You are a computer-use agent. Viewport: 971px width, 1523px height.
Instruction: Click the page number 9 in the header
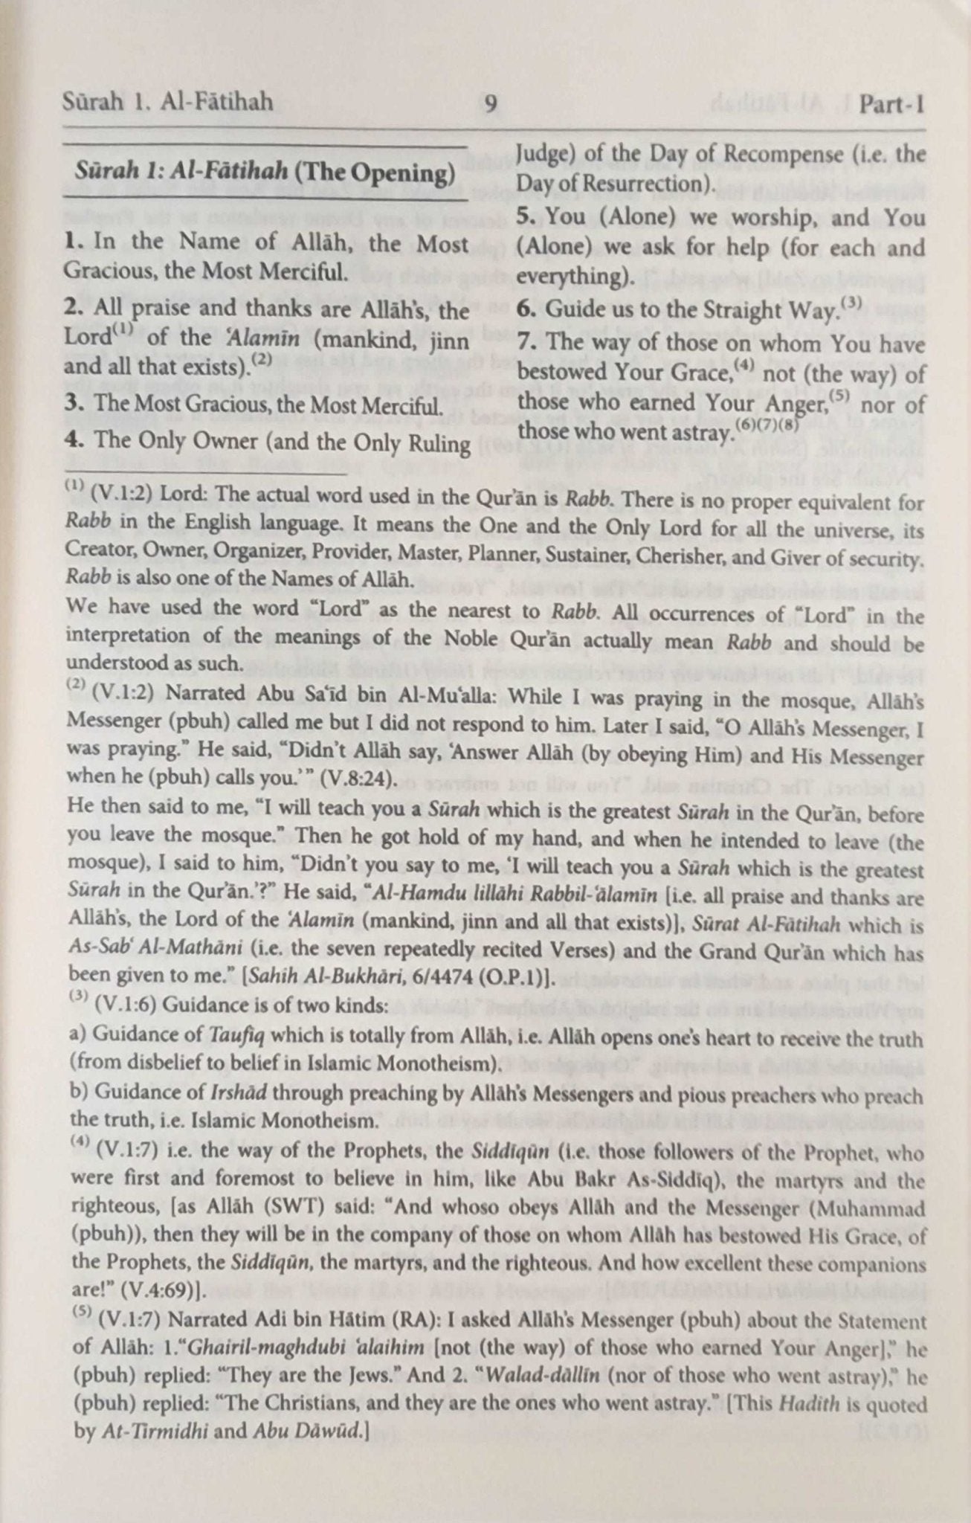(x=491, y=103)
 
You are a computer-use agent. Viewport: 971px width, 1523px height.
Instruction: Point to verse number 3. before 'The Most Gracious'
(x=73, y=407)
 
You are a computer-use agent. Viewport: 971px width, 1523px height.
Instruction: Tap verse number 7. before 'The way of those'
(x=526, y=344)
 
